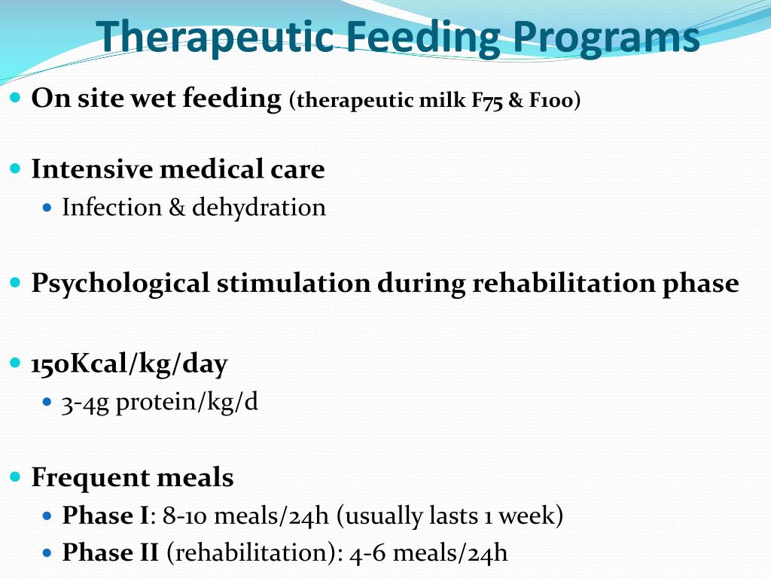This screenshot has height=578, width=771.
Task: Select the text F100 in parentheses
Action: click(x=552, y=101)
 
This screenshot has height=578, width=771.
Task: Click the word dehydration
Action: click(x=259, y=208)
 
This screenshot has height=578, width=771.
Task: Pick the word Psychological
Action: click(x=120, y=284)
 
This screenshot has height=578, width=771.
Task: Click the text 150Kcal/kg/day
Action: click(x=129, y=365)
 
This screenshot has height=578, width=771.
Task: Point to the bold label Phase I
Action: click(x=105, y=516)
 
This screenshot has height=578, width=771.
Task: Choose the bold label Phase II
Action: click(x=110, y=554)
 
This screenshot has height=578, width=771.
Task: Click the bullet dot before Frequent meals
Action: click(x=17, y=477)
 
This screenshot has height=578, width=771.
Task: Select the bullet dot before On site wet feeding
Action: click(x=17, y=98)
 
